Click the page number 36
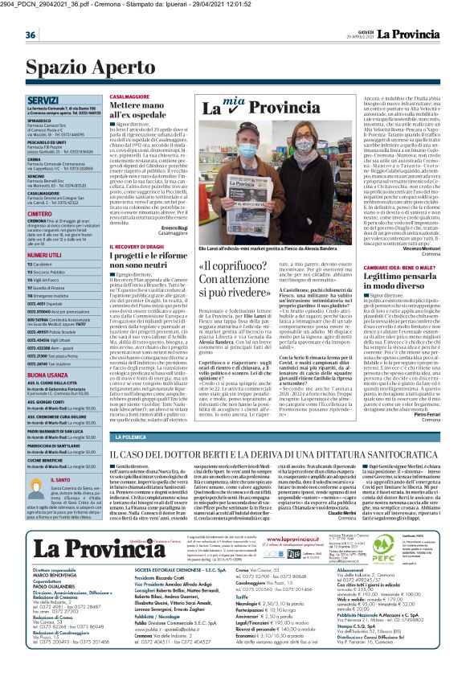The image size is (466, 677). point(30,35)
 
